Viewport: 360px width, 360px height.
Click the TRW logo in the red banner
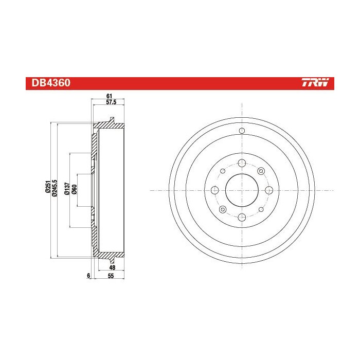(318, 83)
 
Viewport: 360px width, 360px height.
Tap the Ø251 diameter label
(47, 188)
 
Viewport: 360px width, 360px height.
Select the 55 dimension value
(111, 276)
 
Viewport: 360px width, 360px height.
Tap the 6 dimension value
(88, 276)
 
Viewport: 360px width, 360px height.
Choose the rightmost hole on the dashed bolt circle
(267, 190)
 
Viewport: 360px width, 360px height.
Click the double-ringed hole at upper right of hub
(260, 171)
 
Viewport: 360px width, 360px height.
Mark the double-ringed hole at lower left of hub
(223, 209)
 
